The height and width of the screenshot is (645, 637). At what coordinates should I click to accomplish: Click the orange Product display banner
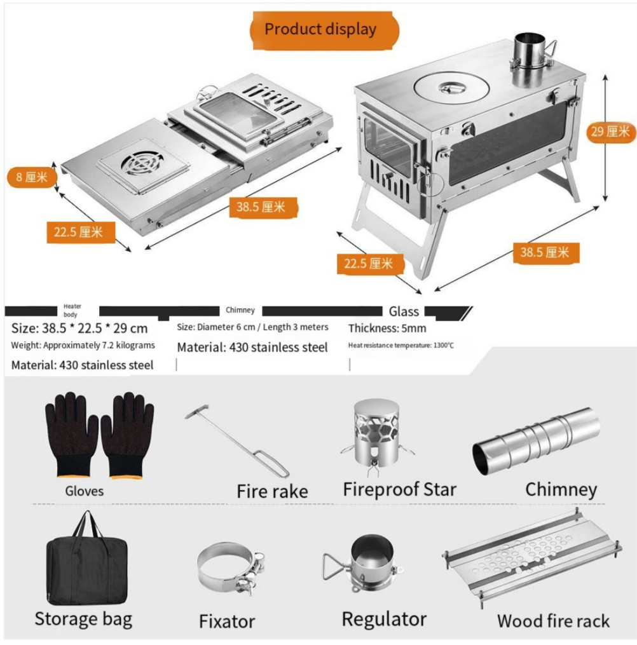(320, 29)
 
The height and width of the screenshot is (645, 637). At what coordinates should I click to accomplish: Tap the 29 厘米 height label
(610, 132)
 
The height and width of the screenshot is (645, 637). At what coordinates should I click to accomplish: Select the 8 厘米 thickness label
(32, 177)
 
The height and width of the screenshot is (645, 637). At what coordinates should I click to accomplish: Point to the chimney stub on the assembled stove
(531, 53)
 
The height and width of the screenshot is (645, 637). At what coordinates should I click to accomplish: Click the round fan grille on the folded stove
(142, 163)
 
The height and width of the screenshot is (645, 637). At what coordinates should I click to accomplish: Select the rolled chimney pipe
(536, 440)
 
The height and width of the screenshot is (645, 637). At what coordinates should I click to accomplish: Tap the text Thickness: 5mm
(387, 329)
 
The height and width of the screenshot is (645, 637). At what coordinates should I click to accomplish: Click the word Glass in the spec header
(404, 311)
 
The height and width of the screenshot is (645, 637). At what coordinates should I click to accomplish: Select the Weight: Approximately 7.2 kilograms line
(83, 345)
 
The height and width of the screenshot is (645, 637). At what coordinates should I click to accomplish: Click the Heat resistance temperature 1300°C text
(401, 345)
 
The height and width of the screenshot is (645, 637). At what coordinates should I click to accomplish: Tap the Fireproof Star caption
(399, 489)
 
